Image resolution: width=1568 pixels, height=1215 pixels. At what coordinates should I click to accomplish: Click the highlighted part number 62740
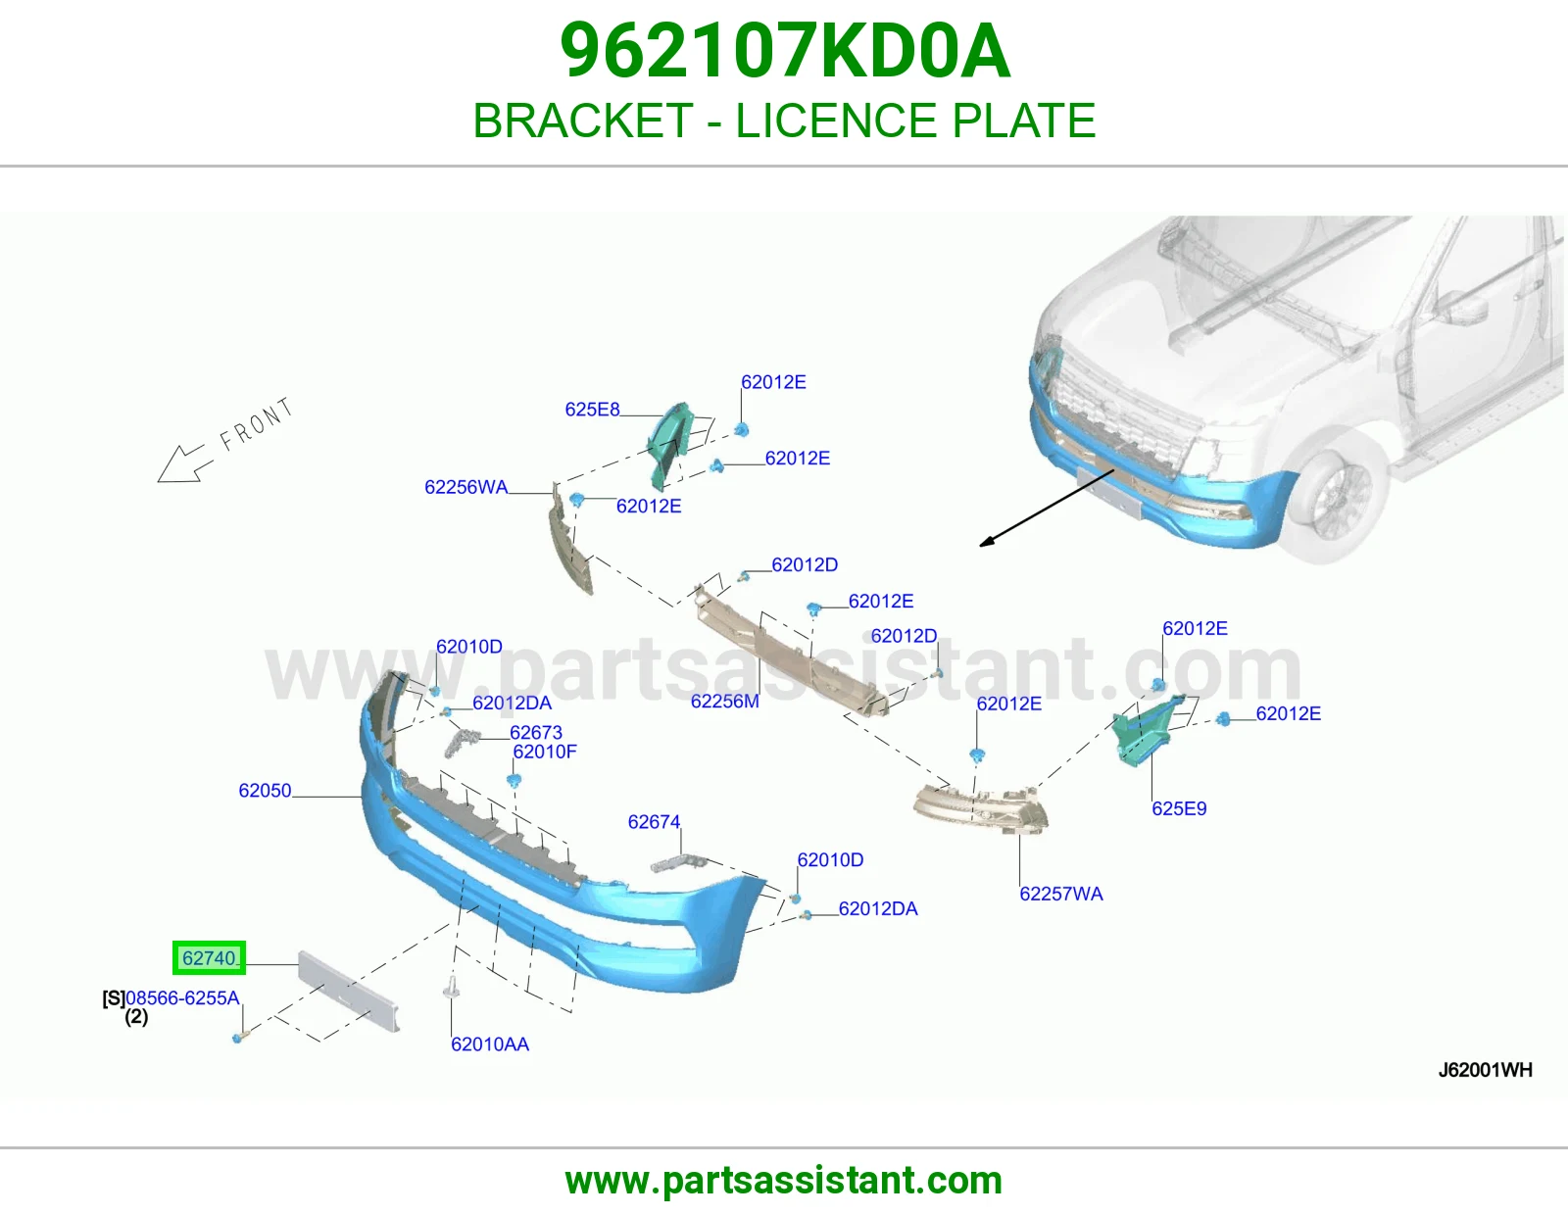pyautogui.click(x=210, y=957)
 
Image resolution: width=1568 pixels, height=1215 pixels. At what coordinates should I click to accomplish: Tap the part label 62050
pyautogui.click(x=265, y=790)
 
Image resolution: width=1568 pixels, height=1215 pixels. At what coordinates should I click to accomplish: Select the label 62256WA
pyautogui.click(x=466, y=487)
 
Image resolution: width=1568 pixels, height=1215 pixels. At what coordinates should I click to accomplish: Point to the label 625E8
pyautogui.click(x=593, y=410)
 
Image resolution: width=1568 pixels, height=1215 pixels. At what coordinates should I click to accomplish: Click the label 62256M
pyautogui.click(x=724, y=701)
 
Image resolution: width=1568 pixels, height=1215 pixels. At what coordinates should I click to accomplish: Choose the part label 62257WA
pyautogui.click(x=1060, y=894)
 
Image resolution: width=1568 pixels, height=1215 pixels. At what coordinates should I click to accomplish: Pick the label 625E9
pyautogui.click(x=1179, y=808)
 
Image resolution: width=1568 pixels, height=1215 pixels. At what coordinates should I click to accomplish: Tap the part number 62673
pyautogui.click(x=536, y=732)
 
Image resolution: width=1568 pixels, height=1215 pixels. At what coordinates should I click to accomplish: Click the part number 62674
pyautogui.click(x=654, y=822)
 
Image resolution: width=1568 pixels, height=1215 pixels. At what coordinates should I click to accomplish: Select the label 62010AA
pyautogui.click(x=490, y=1044)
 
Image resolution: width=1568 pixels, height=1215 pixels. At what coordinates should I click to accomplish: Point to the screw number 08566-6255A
pyautogui.click(x=182, y=997)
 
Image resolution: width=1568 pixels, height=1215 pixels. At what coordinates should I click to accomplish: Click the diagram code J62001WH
pyautogui.click(x=1485, y=1070)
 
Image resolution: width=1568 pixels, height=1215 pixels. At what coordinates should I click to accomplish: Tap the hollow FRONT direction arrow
pyautogui.click(x=184, y=463)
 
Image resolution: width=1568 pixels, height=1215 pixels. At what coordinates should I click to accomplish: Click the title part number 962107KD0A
pyautogui.click(x=784, y=51)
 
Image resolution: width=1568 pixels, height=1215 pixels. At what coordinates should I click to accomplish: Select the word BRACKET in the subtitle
pyautogui.click(x=582, y=120)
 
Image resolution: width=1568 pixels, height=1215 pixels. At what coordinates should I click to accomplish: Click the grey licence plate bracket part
pyautogui.click(x=349, y=991)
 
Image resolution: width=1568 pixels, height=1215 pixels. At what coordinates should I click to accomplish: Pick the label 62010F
pyautogui.click(x=545, y=752)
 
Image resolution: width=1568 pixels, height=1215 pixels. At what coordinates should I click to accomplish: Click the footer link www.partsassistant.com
pyautogui.click(x=784, y=1181)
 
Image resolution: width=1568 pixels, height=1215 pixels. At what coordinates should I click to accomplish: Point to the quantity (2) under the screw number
pyautogui.click(x=136, y=1017)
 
